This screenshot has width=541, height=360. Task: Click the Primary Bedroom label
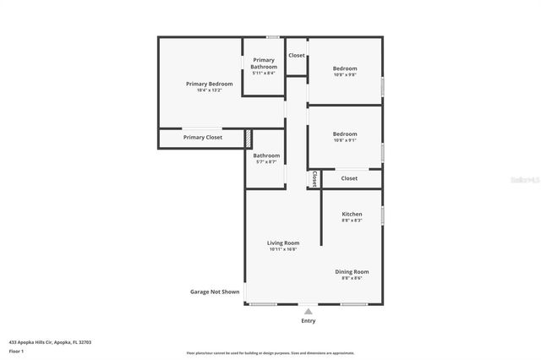[209, 84]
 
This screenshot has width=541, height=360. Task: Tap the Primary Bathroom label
[263, 63]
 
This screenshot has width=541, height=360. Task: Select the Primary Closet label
[203, 137]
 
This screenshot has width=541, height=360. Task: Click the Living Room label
[283, 243]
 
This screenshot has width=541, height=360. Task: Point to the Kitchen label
[352, 214]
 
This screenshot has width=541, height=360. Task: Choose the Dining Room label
[355, 271]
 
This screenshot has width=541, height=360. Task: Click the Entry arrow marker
[308, 311]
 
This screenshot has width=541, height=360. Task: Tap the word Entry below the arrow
[308, 321]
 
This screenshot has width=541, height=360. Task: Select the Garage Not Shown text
[214, 292]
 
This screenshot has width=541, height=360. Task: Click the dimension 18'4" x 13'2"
[209, 90]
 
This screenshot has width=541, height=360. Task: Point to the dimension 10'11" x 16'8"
[283, 249]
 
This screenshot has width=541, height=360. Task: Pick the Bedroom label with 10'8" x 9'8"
[344, 68]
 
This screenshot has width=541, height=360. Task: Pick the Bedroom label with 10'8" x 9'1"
[344, 134]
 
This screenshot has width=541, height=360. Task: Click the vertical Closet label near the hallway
[314, 178]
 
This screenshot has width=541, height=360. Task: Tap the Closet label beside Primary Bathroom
[297, 55]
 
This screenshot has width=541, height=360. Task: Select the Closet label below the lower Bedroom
[349, 178]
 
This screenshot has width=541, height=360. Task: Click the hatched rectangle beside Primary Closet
[249, 138]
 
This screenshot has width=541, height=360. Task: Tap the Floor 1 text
[16, 351]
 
